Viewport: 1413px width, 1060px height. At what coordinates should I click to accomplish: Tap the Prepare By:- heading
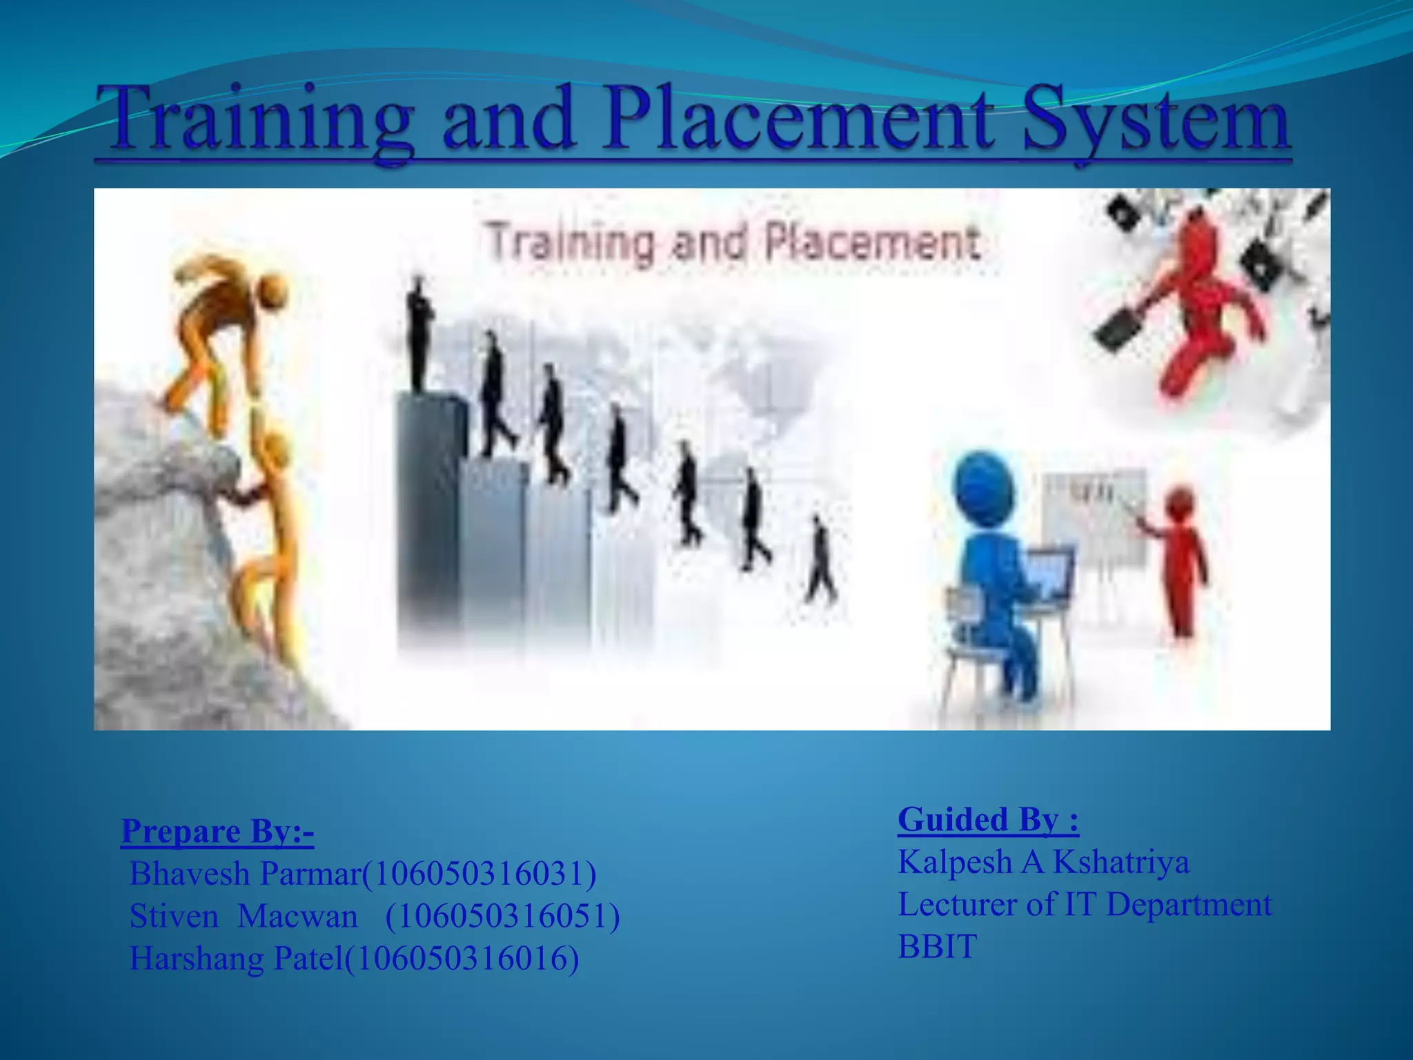coord(217,832)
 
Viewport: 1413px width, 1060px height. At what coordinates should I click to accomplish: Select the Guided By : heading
coord(988,820)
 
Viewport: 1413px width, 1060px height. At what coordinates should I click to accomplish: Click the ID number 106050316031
coord(479,874)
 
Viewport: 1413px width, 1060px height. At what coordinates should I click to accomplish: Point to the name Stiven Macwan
coord(244,916)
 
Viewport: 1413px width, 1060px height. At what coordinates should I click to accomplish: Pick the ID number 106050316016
coord(461,959)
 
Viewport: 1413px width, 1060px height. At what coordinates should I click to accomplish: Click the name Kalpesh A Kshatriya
coord(1043,863)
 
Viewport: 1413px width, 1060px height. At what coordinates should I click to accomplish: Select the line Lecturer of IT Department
coord(1084,905)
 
